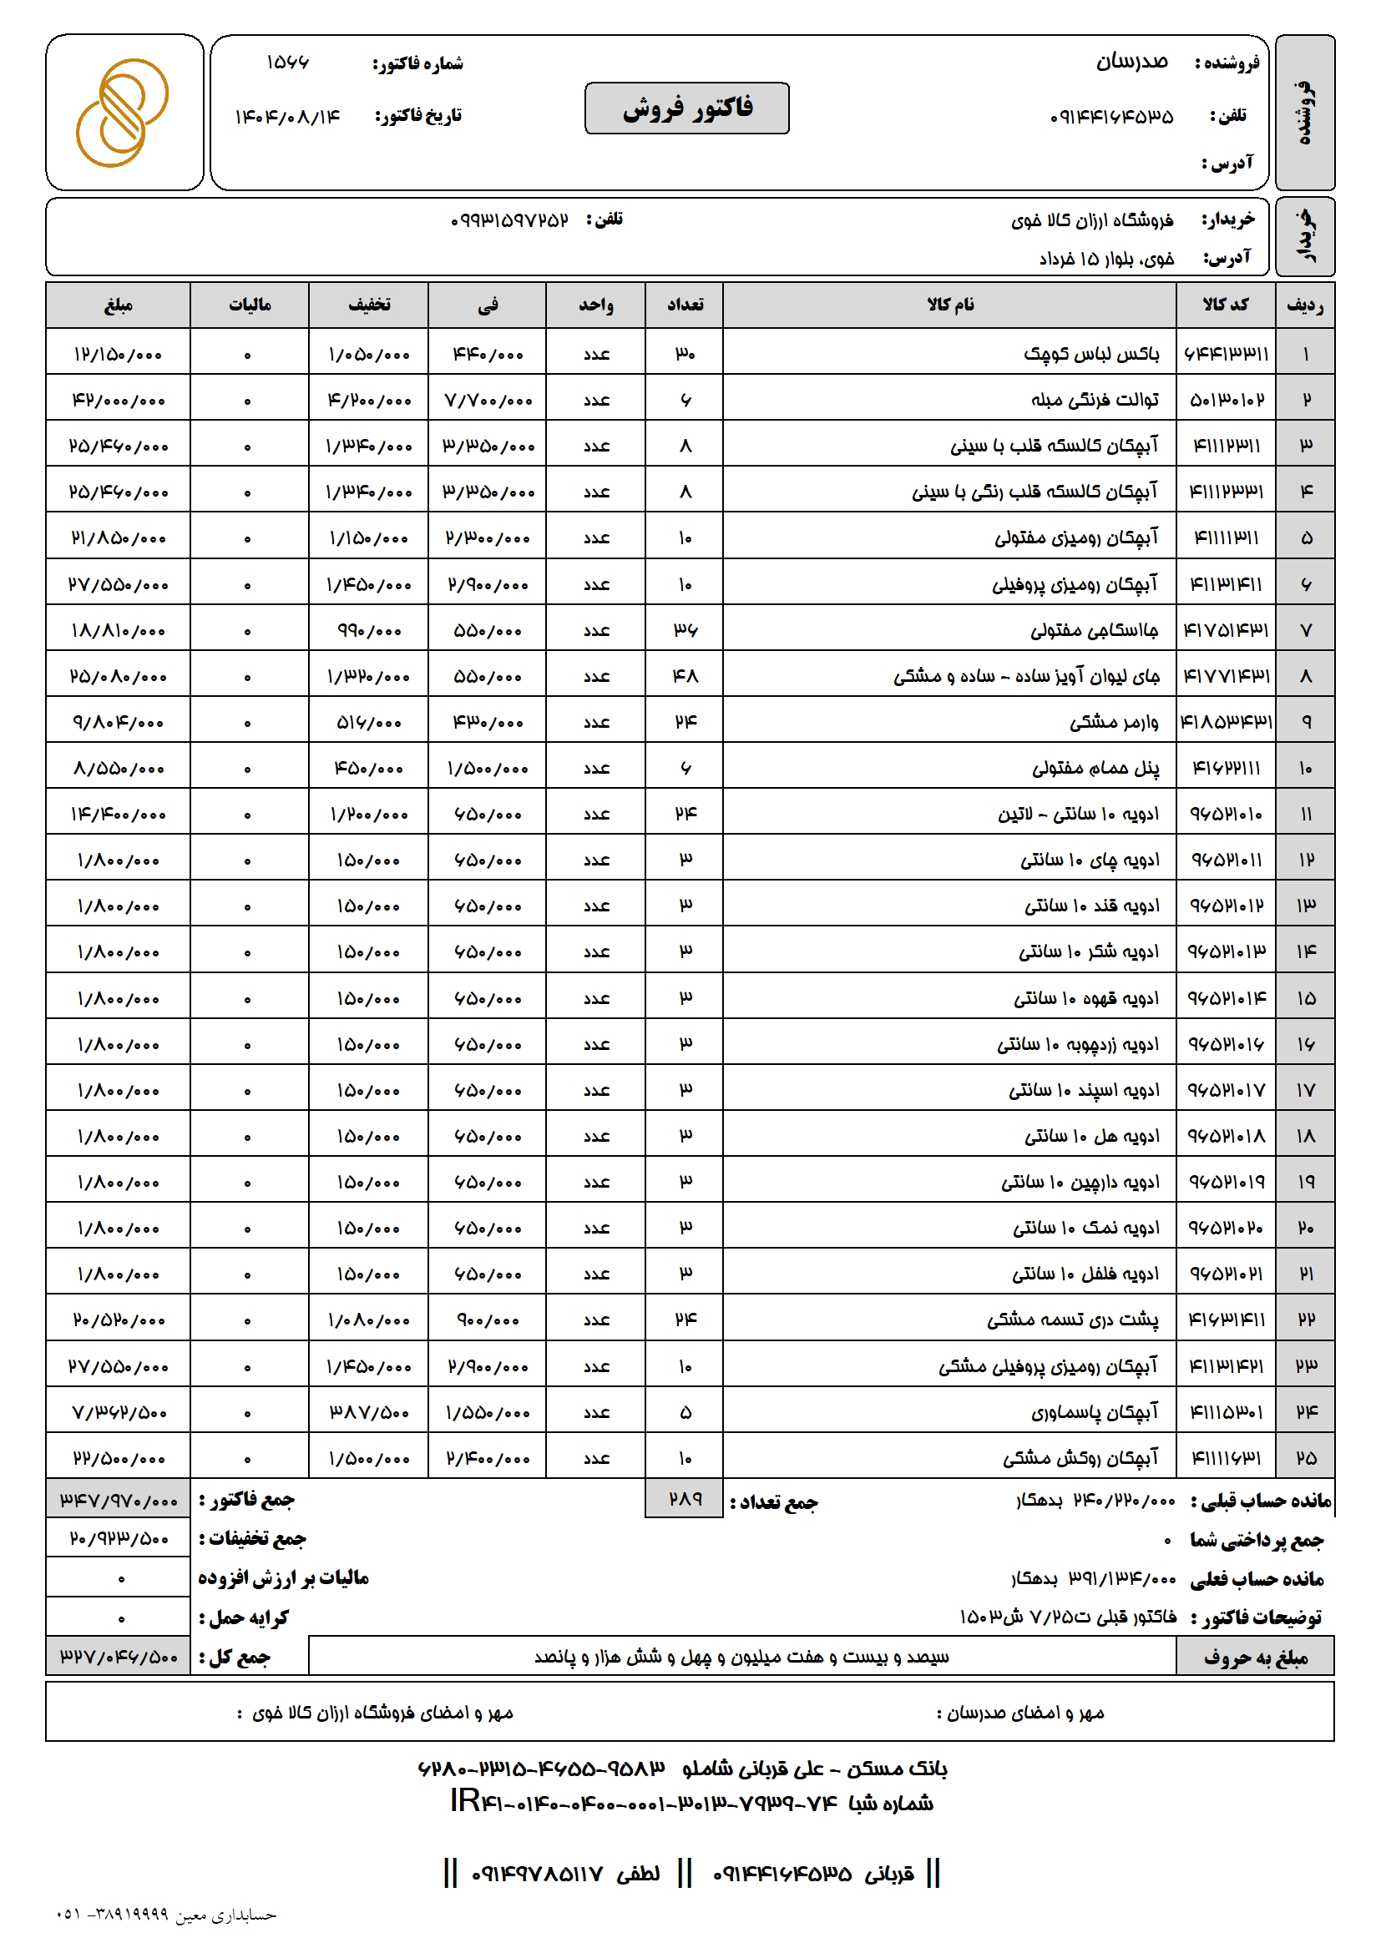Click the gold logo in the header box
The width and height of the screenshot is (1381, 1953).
pos(123,113)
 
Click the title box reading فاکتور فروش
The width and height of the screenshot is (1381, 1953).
pos(686,108)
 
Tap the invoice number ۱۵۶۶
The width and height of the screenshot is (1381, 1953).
pos(287,63)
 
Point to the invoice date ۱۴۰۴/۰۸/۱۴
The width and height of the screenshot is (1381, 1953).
pos(287,117)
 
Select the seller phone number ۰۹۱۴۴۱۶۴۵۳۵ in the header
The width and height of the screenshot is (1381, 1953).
pos(1111,117)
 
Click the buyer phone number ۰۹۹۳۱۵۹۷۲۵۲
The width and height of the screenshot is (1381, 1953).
pos(509,220)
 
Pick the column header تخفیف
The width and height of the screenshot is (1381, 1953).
pos(368,305)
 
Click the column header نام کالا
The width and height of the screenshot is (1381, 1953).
pos(949,305)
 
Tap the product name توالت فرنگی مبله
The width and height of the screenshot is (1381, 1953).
pos(1095,400)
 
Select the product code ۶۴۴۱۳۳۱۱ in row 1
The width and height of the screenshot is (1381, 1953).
pos(1227,354)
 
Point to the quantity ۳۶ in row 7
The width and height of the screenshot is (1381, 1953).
pos(685,630)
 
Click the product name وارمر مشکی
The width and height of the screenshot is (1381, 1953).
pos(1114,722)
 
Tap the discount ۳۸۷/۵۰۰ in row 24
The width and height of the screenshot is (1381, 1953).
pos(369,1412)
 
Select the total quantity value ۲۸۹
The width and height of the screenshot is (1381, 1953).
pos(685,1498)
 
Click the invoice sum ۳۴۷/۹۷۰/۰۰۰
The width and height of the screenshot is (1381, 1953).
pos(119,1501)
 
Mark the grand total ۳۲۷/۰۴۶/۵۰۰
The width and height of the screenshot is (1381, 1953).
pos(119,1657)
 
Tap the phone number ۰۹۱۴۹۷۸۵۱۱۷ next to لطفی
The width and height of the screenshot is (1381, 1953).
pos(537,1874)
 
